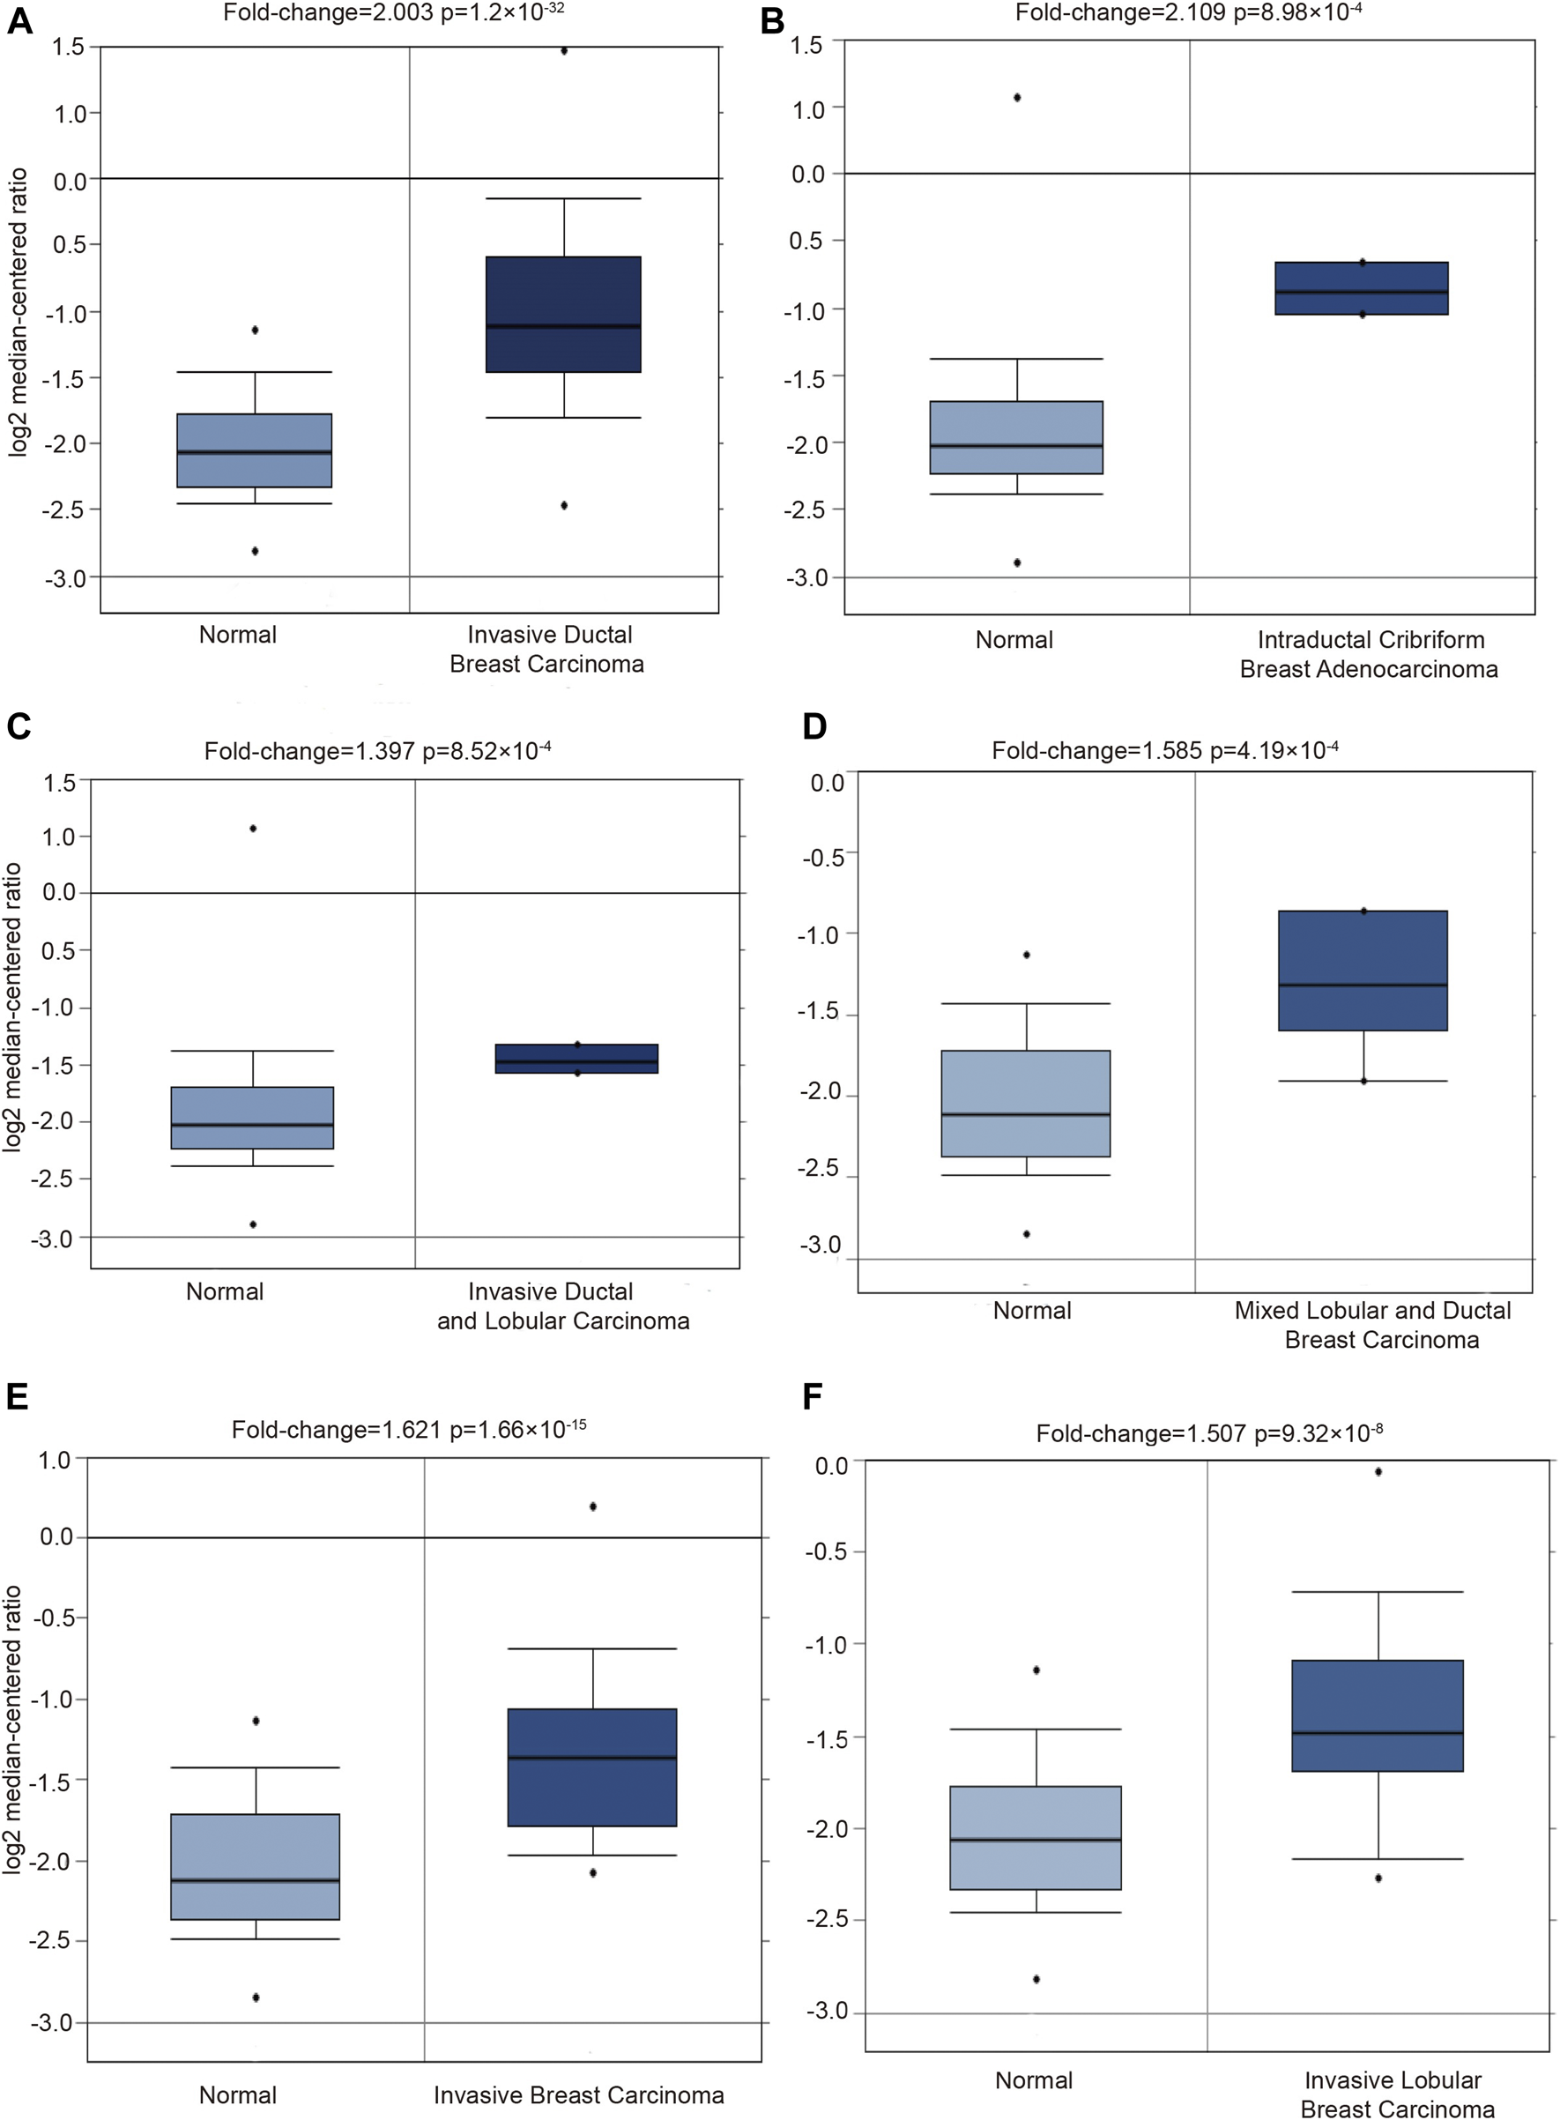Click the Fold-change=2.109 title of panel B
(x=1188, y=12)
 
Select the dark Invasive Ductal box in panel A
(x=563, y=314)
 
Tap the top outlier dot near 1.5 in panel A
(x=564, y=51)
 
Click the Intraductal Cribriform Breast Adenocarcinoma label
(x=1370, y=654)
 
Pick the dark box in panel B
(x=1361, y=288)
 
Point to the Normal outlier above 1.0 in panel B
(x=1017, y=97)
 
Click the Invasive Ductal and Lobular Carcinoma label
(x=563, y=1306)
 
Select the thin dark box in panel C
(x=576, y=1059)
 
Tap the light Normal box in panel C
(x=252, y=1118)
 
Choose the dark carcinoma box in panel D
(x=1363, y=971)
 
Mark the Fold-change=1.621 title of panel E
(x=408, y=1429)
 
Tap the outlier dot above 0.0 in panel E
(x=593, y=1506)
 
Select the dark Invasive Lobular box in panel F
(x=1377, y=1715)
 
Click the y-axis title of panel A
(x=18, y=312)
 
